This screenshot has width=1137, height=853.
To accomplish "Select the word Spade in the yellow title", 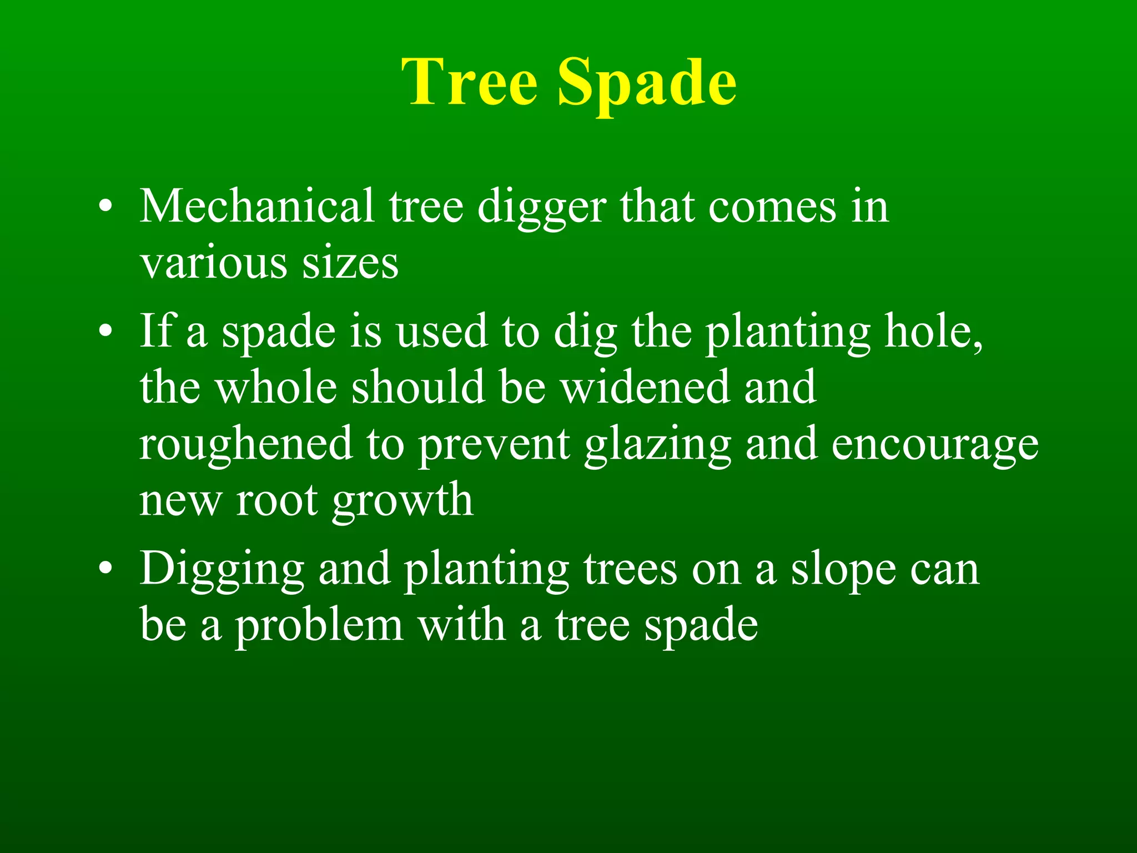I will [x=647, y=83].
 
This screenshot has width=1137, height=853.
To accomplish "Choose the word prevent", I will [x=494, y=444].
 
